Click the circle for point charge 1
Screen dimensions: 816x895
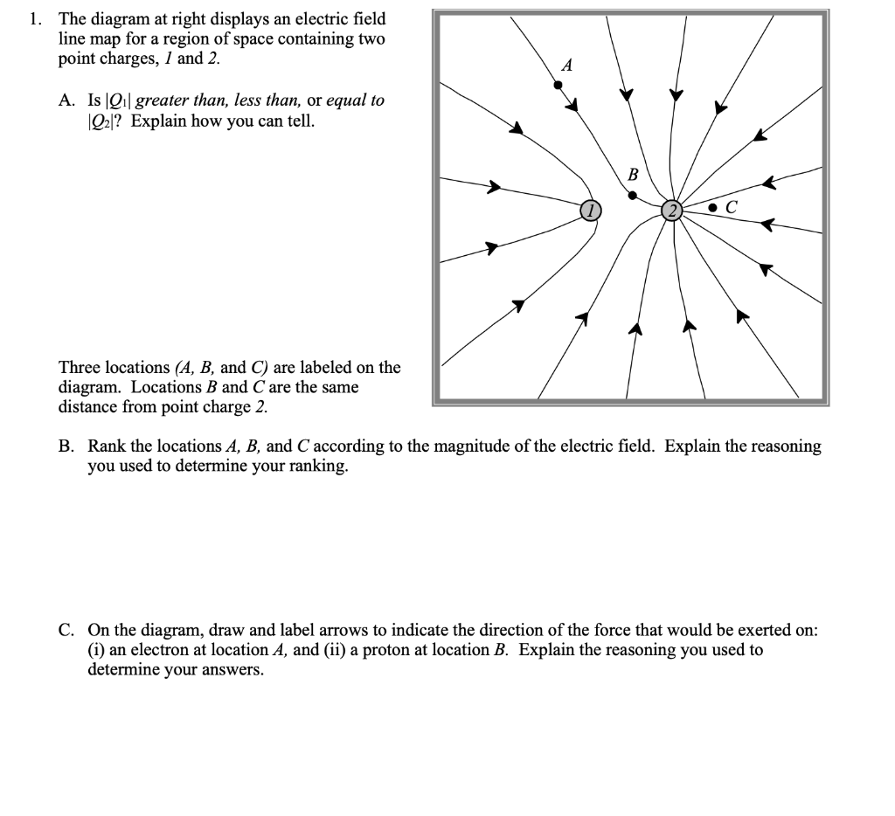click(591, 209)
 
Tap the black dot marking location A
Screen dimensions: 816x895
click(558, 85)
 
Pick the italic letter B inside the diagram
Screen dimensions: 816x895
click(633, 174)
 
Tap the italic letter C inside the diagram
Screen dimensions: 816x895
click(732, 208)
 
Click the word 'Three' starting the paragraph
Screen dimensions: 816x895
click(80, 367)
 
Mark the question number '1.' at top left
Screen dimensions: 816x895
click(35, 18)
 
